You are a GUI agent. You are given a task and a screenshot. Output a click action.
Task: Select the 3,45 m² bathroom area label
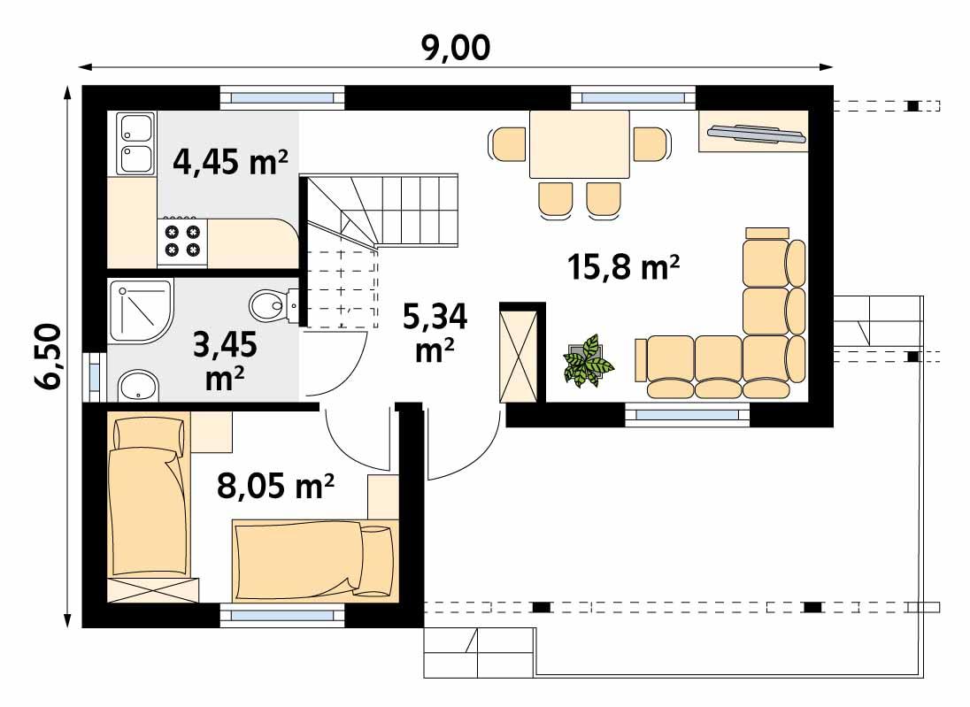(225, 363)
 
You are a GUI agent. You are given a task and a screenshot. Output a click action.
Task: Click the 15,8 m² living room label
(624, 265)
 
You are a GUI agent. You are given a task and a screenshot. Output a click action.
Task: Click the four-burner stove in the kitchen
(183, 241)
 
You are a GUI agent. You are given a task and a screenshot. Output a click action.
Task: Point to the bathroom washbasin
(137, 386)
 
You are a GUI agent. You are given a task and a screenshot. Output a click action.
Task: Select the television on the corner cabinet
(754, 134)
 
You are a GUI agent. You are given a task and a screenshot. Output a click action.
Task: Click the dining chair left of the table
(508, 143)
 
